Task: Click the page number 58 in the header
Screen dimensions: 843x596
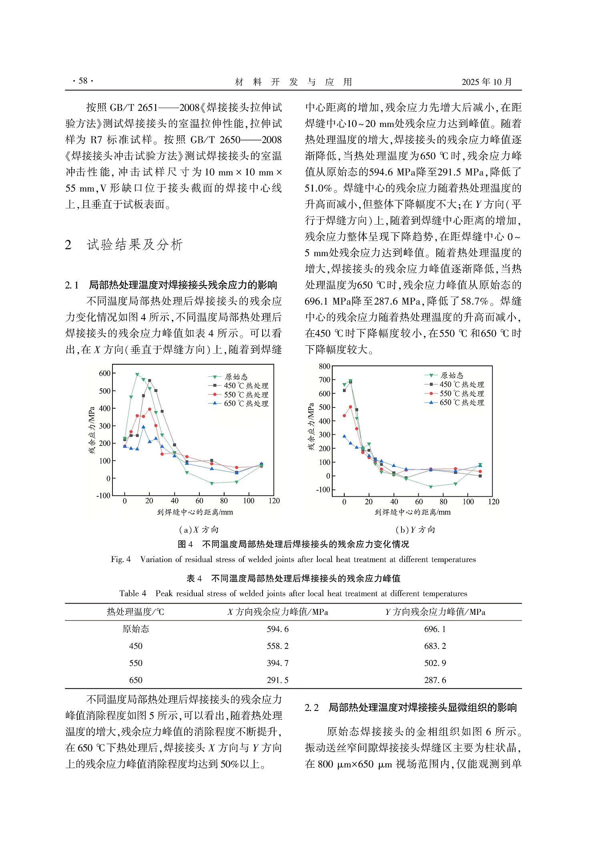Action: coord(83,81)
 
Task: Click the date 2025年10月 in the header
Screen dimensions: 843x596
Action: coord(486,82)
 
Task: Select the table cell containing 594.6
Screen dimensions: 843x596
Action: coord(277,629)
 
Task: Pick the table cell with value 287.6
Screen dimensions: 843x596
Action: coord(435,680)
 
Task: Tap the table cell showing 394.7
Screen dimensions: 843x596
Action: coord(277,663)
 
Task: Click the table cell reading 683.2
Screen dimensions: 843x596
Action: coord(435,646)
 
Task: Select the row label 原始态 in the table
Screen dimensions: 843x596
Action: coord(136,629)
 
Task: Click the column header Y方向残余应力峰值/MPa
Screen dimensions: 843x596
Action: coord(435,612)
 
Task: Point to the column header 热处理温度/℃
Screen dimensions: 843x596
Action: coord(135,612)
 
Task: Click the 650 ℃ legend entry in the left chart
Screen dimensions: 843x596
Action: coord(245,403)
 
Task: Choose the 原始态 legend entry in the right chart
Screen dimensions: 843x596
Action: coord(451,375)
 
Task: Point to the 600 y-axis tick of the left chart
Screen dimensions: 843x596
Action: coord(104,373)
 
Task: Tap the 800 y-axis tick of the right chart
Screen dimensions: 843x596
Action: coord(324,366)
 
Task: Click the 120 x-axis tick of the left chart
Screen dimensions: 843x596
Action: coord(274,501)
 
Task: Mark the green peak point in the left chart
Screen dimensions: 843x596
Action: coord(137,375)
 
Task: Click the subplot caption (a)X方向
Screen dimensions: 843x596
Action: coord(199,530)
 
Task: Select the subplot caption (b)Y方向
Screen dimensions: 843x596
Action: coord(415,530)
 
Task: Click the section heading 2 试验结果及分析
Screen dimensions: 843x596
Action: coord(124,245)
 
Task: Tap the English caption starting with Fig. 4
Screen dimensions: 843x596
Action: coord(293,560)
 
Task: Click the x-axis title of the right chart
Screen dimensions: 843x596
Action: coord(412,512)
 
